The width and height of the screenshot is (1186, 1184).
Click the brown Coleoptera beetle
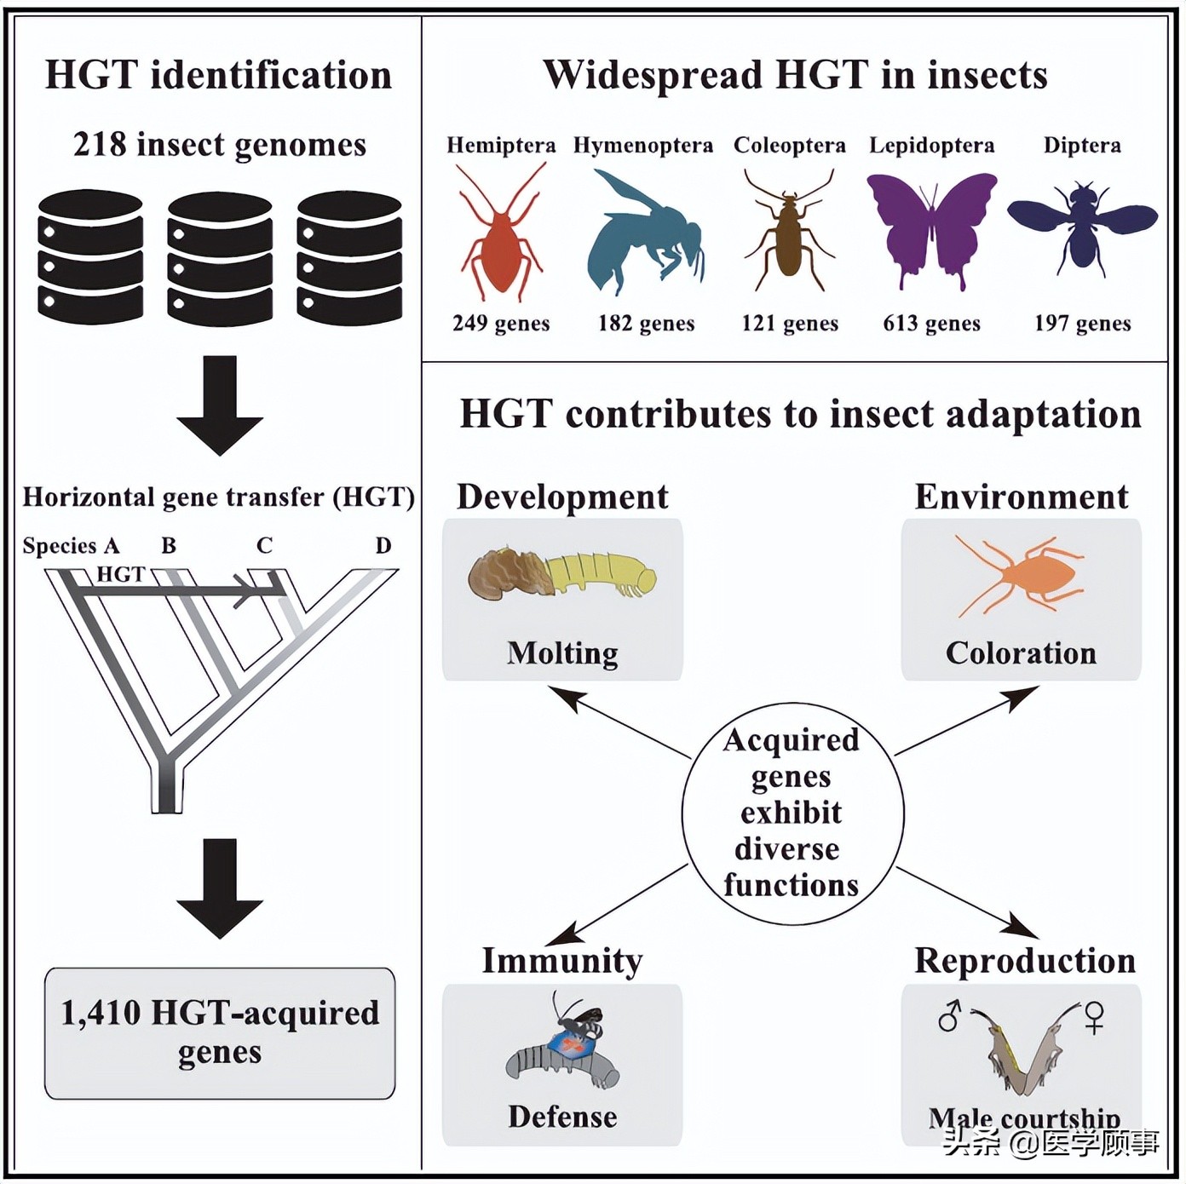(789, 234)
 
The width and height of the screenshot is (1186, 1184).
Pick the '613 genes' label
(931, 324)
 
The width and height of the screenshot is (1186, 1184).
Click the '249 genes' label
(501, 324)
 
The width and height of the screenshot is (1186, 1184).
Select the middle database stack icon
(220, 258)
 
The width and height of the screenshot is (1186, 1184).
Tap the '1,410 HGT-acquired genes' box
(220, 1032)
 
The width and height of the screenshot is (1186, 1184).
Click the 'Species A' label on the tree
(71, 546)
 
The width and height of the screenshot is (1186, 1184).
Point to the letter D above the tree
(383, 546)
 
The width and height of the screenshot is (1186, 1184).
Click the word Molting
(562, 653)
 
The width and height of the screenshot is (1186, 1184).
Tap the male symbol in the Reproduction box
(949, 1015)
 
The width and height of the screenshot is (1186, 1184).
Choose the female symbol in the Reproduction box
(1094, 1016)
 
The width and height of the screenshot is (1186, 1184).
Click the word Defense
(562, 1117)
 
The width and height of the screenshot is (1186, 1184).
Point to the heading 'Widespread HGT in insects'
(795, 75)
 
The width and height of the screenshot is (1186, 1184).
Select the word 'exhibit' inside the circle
(791, 813)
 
